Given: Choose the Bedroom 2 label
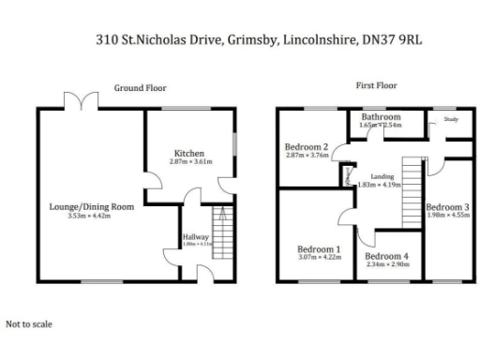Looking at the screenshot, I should click(x=306, y=147).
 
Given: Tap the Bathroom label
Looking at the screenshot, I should click(x=381, y=117).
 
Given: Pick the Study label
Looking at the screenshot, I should click(x=451, y=120).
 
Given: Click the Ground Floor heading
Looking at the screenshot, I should click(x=141, y=87).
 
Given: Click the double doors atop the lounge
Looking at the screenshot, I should click(x=73, y=100).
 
